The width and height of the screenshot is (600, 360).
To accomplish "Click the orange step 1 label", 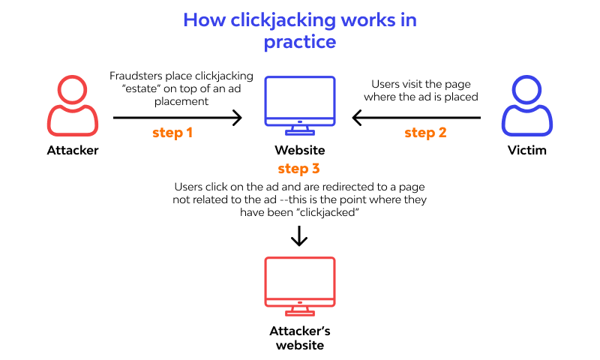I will (x=172, y=133).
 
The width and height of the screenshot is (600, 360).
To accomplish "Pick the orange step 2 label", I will (x=425, y=133).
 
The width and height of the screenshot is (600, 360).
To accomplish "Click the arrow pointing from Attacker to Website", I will (x=178, y=117).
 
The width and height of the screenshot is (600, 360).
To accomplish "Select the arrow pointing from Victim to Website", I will (x=416, y=117).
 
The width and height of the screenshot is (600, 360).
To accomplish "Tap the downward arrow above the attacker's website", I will (x=299, y=237).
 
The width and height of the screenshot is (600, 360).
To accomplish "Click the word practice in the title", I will (x=299, y=42).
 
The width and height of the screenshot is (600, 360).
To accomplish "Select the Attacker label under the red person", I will (x=72, y=150).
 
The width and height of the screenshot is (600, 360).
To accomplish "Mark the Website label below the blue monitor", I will (x=299, y=150).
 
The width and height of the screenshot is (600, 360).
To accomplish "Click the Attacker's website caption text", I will (x=299, y=338).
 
